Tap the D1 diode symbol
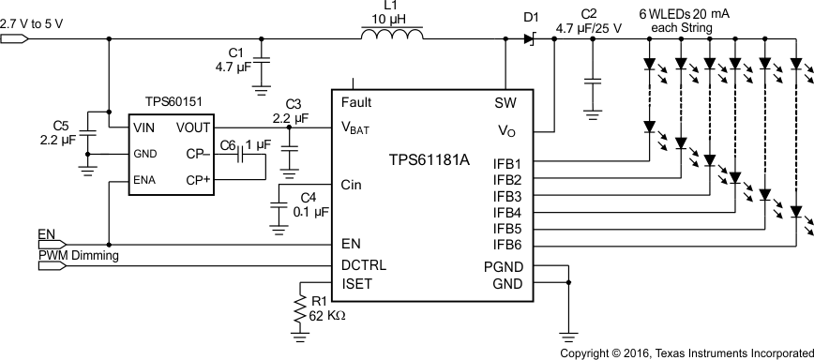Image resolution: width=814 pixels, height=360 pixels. [x=527, y=38]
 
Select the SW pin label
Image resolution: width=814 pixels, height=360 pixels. [x=507, y=102]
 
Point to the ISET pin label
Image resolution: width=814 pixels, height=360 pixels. [x=360, y=282]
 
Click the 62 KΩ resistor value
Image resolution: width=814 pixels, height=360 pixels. [x=328, y=316]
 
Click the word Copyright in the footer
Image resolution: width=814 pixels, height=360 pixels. [x=587, y=353]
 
